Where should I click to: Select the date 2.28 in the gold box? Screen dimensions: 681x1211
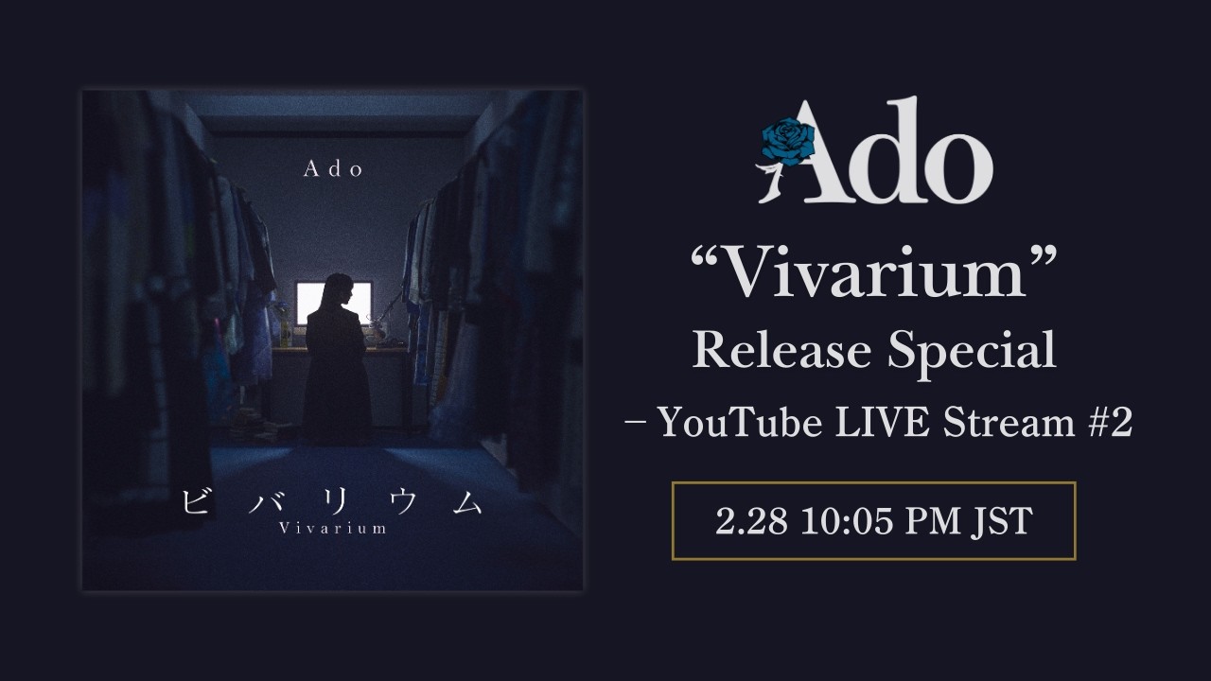751,521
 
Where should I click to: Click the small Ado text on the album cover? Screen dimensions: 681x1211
333,169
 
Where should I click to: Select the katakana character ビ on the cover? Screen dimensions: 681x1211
195,501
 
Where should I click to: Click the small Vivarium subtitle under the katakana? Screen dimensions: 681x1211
332,528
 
